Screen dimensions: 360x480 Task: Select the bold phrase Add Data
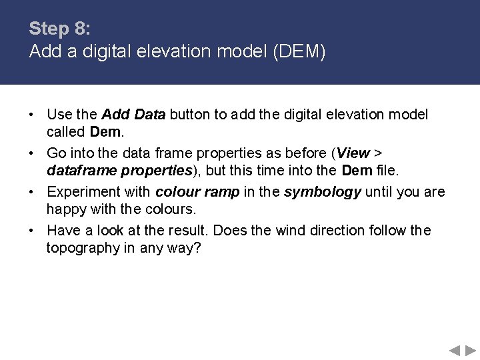133,115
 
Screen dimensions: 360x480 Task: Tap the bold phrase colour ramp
197,192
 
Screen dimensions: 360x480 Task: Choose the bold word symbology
323,192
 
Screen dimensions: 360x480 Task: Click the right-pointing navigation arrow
471,350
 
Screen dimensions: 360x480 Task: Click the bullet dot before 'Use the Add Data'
32,115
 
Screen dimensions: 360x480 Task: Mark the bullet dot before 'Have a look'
32,231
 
